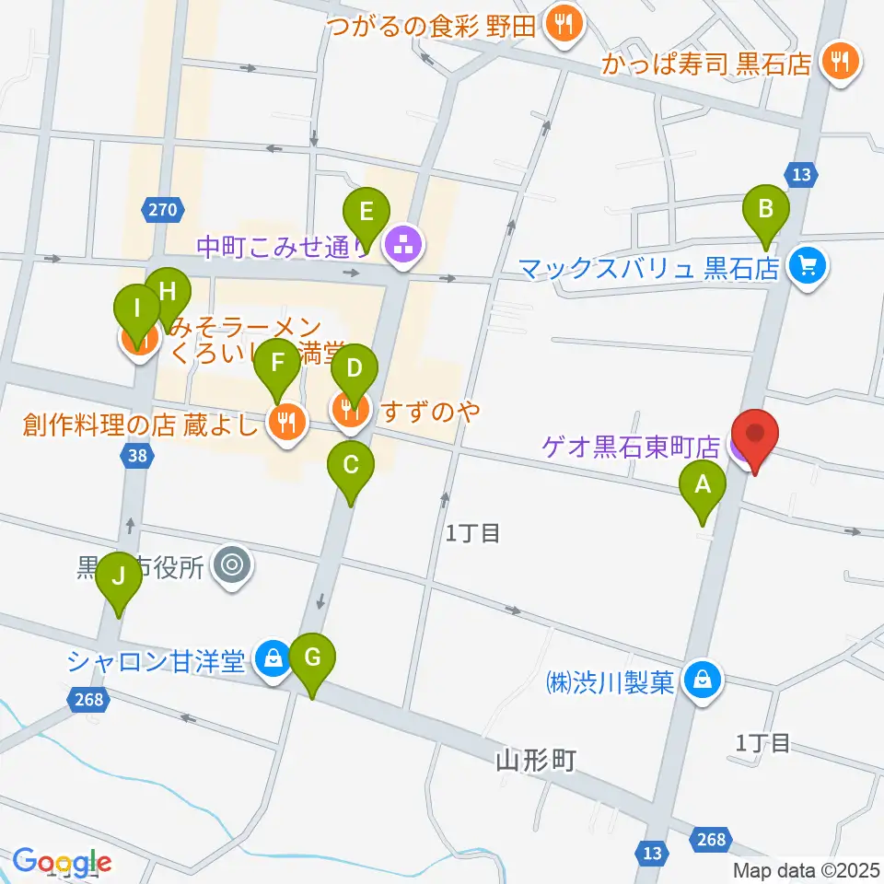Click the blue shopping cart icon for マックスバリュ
coord(808,267)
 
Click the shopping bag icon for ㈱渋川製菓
coord(704,681)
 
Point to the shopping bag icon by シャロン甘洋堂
coord(273,659)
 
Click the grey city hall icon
coord(231,563)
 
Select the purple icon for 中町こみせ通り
coord(401,246)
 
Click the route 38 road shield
coord(136,455)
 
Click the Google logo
coord(61,863)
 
